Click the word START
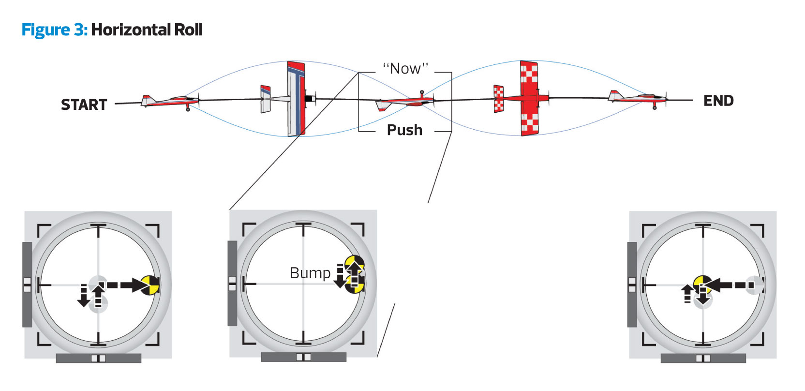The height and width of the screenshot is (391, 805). tap(84, 105)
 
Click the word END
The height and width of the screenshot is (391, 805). tap(718, 101)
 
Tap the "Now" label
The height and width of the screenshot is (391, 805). tap(405, 69)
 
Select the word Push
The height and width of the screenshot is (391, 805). tap(404, 130)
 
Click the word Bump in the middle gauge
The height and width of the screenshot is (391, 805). tap(310, 273)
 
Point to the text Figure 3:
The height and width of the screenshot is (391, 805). tap(54, 30)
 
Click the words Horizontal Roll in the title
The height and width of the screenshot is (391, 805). tap(147, 30)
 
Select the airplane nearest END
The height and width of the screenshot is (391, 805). tap(638, 98)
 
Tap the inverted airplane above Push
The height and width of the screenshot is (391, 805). tap(405, 102)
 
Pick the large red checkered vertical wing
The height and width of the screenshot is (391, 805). tap(529, 98)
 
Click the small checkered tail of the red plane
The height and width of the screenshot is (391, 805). tap(498, 99)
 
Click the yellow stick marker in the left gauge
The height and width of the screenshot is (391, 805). tap(149, 285)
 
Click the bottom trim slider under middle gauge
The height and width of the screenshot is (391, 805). tap(303, 357)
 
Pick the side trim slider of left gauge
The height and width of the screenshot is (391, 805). tap(27, 285)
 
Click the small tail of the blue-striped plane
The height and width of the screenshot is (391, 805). tap(265, 99)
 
